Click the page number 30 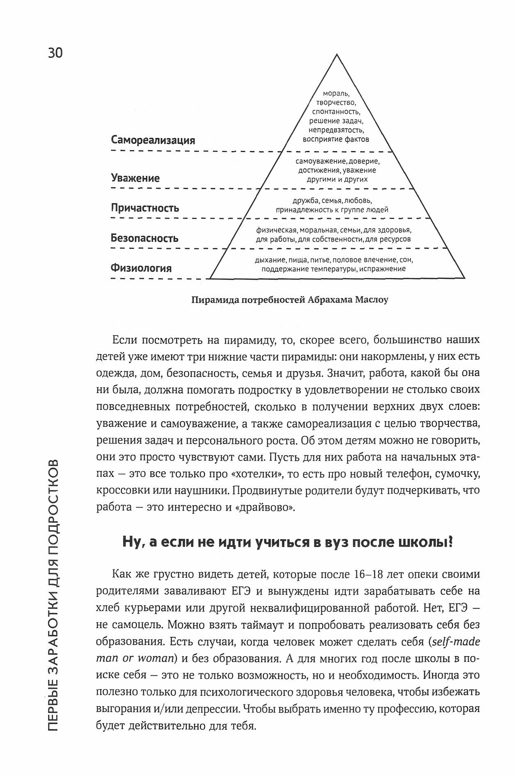tap(55, 53)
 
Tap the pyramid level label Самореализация tap(153, 140)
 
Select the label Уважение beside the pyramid tap(135, 178)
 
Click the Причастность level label tap(145, 207)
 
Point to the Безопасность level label tap(144, 238)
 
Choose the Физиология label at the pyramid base tap(141, 268)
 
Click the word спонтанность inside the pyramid tap(336, 112)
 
